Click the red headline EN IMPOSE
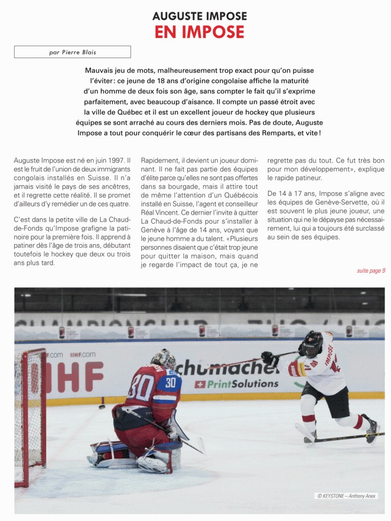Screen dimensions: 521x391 tap(199, 32)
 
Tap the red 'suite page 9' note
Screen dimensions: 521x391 tap(371, 271)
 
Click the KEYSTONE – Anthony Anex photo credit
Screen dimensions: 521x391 tap(347, 496)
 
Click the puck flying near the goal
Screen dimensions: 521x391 tap(102, 407)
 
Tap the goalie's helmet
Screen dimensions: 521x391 tap(164, 359)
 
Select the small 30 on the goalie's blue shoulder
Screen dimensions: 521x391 tap(170, 382)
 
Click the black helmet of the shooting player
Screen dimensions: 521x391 tap(313, 344)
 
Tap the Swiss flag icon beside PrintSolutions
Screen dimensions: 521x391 tap(200, 384)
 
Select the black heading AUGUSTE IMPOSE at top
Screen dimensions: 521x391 tap(199, 16)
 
